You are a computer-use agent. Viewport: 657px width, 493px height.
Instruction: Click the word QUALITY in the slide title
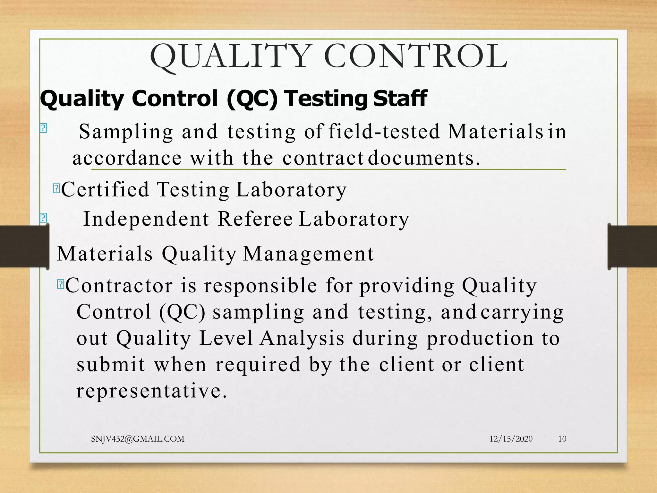[x=231, y=57]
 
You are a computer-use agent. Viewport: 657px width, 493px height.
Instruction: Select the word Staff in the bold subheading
[x=400, y=98]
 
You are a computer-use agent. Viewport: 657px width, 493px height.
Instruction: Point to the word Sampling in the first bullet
[x=126, y=132]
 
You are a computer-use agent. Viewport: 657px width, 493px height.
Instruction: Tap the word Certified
[x=105, y=189]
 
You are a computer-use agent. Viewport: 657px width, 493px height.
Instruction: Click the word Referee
[x=255, y=219]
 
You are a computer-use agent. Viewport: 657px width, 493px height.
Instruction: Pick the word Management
[x=309, y=254]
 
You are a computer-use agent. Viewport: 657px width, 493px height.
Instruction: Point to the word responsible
[x=260, y=285]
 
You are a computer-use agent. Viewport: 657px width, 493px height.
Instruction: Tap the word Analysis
[x=302, y=338]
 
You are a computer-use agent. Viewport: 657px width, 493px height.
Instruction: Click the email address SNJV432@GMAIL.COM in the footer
[x=138, y=439]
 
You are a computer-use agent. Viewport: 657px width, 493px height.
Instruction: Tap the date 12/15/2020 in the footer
[x=511, y=439]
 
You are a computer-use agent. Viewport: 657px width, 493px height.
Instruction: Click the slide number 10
[x=562, y=439]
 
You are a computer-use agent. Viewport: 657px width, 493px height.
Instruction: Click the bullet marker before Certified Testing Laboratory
[x=56, y=188]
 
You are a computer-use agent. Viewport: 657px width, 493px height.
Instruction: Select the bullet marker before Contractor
[x=60, y=284]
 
